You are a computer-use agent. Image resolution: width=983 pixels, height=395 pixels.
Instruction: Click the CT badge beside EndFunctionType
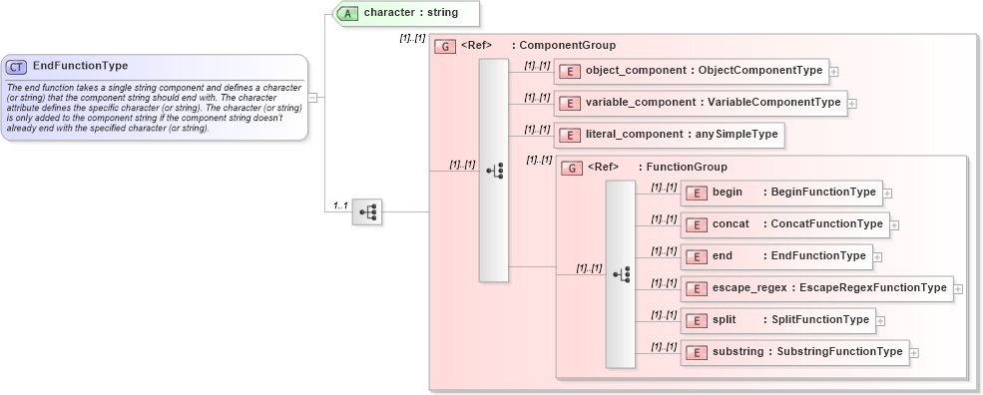(17, 67)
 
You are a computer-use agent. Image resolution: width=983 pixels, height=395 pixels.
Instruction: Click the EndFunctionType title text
(80, 67)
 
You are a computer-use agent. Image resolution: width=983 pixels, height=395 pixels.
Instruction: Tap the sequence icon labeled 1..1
(367, 211)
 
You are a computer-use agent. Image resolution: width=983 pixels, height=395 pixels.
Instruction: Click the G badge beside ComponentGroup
(446, 46)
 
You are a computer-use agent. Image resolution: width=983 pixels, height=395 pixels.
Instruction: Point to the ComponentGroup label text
(568, 46)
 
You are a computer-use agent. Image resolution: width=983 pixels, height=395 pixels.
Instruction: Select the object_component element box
(692, 71)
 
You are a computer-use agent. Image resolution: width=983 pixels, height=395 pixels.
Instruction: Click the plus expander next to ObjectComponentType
(834, 71)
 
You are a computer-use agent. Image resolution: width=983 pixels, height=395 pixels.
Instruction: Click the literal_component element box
(669, 135)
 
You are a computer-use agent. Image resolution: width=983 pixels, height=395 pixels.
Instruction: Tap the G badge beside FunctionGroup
(574, 168)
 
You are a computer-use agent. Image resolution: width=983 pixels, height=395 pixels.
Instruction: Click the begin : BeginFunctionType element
(780, 193)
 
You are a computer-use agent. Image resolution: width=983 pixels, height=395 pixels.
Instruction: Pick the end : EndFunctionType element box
(775, 256)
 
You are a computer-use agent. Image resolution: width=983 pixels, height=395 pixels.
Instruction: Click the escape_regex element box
(815, 288)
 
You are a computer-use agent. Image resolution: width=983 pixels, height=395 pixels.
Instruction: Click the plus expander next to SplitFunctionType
(881, 320)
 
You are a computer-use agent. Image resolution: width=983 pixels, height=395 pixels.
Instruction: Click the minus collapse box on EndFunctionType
(313, 98)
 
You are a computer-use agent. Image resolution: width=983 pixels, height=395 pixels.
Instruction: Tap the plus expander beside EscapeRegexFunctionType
(958, 288)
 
